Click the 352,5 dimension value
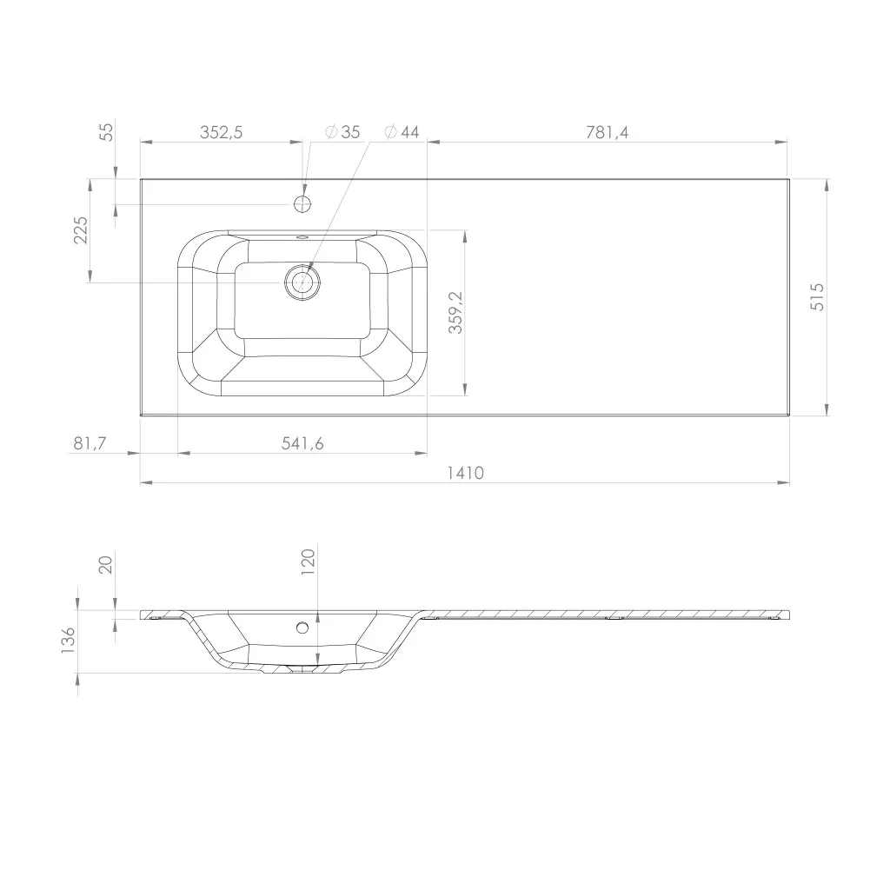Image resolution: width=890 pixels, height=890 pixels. (221, 132)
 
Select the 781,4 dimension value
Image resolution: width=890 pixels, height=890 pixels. (607, 132)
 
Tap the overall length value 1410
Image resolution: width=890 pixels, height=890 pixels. (466, 473)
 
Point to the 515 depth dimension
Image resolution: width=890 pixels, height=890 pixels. (816, 297)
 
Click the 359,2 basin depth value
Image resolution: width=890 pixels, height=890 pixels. (455, 313)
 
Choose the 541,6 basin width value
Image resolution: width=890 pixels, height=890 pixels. (302, 443)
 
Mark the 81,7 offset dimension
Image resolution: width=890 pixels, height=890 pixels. (90, 443)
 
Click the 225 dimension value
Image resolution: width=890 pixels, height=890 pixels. (81, 229)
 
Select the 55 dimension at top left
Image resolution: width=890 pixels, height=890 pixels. (106, 132)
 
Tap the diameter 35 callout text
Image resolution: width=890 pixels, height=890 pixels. (342, 132)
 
